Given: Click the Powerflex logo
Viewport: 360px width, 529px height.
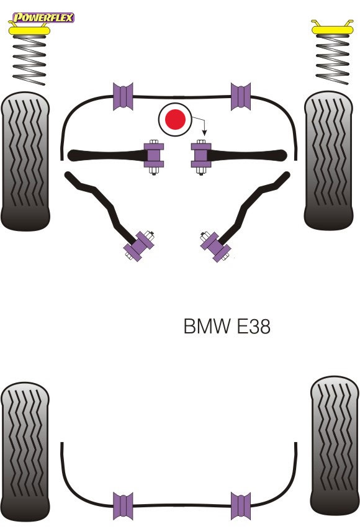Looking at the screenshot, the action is tap(43, 17).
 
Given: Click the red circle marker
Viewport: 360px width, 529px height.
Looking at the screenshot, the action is tap(175, 119).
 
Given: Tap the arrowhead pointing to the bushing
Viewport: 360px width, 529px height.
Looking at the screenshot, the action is tap(204, 133).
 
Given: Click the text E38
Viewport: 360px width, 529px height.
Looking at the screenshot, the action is tap(253, 326).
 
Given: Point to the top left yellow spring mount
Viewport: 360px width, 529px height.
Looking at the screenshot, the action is tap(29, 30).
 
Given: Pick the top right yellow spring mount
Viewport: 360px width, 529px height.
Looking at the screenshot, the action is tap(332, 28).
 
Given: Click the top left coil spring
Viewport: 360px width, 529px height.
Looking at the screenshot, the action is tap(29, 60).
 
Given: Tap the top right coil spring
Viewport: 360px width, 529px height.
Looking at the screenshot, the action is tap(332, 59).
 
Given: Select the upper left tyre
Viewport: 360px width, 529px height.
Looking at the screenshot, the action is tap(25, 161).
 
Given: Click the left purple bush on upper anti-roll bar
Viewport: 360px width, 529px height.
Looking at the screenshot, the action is tap(123, 96).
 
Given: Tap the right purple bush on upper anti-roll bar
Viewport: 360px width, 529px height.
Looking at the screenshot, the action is tap(241, 96).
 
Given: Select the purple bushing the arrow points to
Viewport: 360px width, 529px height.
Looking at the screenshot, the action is tap(201, 155).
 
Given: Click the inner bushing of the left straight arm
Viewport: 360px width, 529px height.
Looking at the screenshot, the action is tap(154, 155).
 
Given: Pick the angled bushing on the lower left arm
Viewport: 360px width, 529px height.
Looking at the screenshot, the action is tap(139, 245).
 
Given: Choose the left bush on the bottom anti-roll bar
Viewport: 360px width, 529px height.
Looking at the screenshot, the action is tap(123, 506).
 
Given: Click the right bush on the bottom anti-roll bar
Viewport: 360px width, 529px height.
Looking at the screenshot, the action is tap(241, 506).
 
